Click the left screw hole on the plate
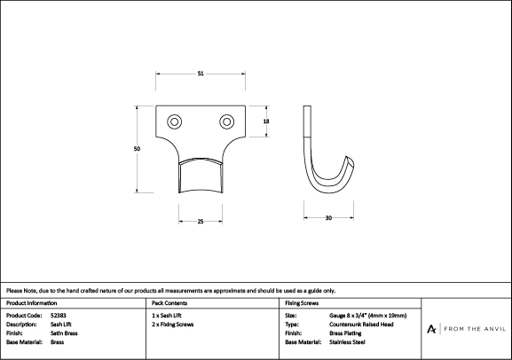(175, 121)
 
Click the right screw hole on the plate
(226, 121)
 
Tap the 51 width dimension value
(201, 74)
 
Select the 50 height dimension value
(137, 149)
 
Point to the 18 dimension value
(266, 121)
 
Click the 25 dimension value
(201, 222)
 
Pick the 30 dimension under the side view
(328, 218)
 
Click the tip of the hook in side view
(348, 157)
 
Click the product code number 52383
(59, 316)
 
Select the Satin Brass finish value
(64, 333)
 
